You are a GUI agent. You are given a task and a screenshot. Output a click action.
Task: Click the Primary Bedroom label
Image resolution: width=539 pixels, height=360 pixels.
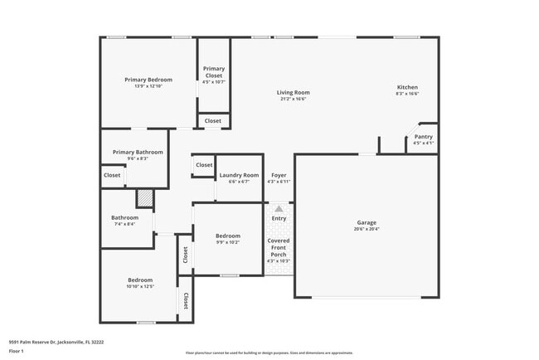[148, 80]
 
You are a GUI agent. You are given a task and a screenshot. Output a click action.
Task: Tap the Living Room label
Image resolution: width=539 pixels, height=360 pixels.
[293, 92]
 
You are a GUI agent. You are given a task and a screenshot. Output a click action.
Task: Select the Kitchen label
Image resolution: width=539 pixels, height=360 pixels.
[407, 87]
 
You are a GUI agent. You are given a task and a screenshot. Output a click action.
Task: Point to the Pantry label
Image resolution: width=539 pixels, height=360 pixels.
[423, 137]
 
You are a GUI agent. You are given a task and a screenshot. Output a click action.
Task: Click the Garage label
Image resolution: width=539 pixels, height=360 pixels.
[367, 222]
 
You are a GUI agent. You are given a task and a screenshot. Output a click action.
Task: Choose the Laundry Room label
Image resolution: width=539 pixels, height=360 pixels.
[239, 175]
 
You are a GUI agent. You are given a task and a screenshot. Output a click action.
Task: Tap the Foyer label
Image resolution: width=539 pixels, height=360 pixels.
[279, 175]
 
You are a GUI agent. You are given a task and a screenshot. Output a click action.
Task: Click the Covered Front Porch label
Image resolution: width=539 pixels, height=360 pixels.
[279, 246]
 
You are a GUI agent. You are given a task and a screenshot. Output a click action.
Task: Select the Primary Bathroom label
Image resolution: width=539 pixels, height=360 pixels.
[138, 152]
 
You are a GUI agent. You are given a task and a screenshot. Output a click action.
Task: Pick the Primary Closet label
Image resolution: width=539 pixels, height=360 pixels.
[213, 71]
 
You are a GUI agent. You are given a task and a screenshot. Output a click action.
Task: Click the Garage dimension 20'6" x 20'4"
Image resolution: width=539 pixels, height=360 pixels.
[367, 229]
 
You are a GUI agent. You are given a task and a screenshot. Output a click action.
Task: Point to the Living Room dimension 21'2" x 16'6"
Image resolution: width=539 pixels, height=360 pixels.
[293, 99]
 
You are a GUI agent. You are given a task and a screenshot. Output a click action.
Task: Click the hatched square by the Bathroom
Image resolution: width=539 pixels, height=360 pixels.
[145, 198]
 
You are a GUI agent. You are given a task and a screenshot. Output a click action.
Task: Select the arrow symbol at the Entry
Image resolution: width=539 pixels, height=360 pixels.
[279, 209]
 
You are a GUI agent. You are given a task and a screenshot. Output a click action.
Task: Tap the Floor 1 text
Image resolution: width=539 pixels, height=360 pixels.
[17, 351]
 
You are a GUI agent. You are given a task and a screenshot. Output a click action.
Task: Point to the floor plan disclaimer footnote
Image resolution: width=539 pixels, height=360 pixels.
[269, 352]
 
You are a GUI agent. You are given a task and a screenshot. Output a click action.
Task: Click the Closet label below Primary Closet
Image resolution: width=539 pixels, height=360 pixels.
[213, 120]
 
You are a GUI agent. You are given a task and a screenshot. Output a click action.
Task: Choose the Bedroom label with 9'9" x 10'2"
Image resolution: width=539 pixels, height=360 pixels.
[228, 236]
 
